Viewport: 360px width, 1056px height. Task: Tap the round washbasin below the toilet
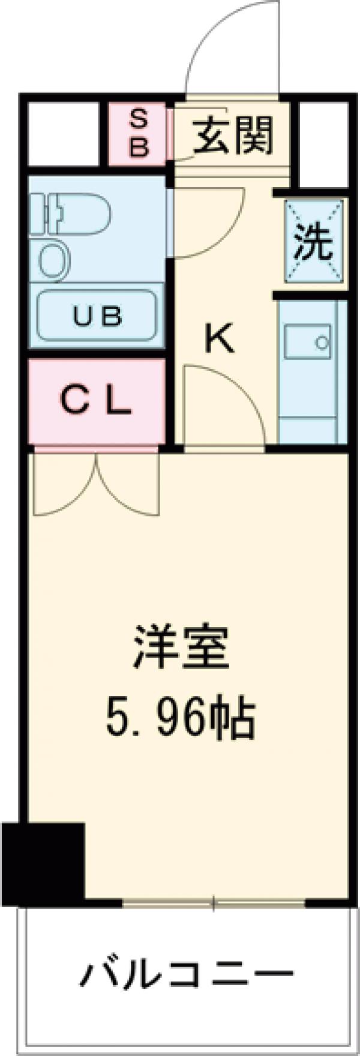55,259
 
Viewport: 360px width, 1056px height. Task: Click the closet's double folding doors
96,483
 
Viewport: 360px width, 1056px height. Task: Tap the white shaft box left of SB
62,133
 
